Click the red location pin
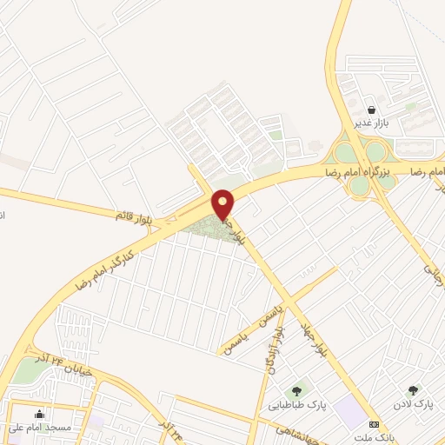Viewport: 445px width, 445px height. point(223,203)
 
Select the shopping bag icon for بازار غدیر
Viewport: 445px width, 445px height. point(372,110)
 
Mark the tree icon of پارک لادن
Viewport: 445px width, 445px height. point(413,390)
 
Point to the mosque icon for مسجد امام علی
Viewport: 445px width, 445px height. point(39,413)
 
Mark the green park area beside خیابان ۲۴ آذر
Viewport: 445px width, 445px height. point(29,371)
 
